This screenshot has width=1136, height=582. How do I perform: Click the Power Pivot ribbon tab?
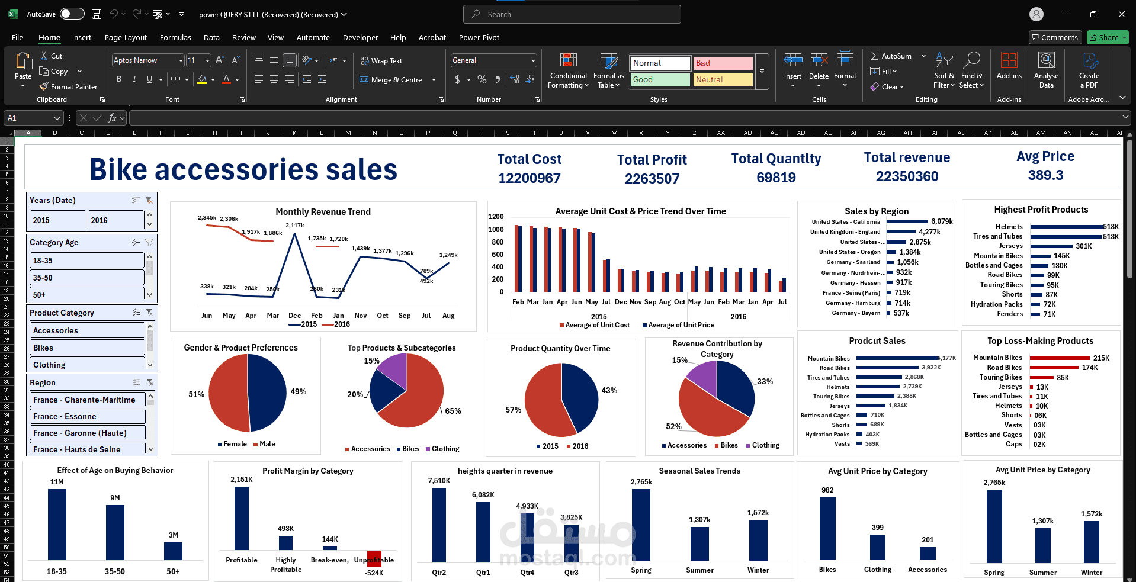pyautogui.click(x=479, y=37)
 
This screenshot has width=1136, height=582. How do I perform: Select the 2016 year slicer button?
pyautogui.click(x=115, y=220)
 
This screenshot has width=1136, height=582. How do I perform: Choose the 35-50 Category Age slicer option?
pyautogui.click(x=86, y=278)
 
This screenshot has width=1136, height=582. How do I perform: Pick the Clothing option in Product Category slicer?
pyautogui.click(x=86, y=365)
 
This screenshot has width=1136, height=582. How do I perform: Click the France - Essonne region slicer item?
pyautogui.click(x=86, y=416)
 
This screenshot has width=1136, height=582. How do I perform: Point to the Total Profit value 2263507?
pyautogui.click(x=652, y=178)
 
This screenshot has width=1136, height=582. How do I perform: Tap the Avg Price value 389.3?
pyautogui.click(x=1045, y=175)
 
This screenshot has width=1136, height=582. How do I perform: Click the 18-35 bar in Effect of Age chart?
pyautogui.click(x=57, y=524)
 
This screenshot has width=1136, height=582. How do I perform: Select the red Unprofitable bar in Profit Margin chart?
pyautogui.click(x=374, y=558)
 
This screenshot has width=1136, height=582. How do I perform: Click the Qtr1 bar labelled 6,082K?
pyautogui.click(x=483, y=531)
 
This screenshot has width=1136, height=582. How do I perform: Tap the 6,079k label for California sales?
pyautogui.click(x=942, y=221)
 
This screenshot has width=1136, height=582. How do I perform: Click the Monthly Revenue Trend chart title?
pyautogui.click(x=323, y=212)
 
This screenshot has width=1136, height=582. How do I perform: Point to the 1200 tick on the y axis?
pyautogui.click(x=496, y=217)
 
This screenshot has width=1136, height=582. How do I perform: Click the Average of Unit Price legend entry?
pyautogui.click(x=681, y=325)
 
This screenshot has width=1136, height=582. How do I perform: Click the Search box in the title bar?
pyautogui.click(x=572, y=14)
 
